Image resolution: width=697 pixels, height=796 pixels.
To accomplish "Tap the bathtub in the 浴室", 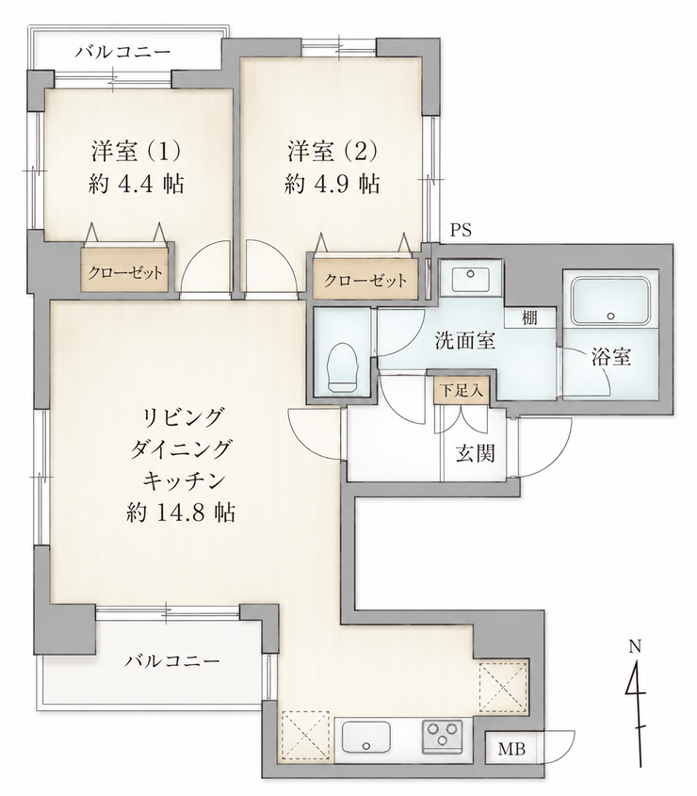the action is point(610,301).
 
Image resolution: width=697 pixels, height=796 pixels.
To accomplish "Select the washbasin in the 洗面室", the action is point(471,278).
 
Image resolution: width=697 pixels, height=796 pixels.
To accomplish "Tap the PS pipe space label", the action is point(461,231).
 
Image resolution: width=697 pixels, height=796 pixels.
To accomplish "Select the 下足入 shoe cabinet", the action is point(462,391).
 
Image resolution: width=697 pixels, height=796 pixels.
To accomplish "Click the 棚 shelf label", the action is point(529,318).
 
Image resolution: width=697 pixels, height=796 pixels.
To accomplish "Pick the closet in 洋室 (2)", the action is point(365,280).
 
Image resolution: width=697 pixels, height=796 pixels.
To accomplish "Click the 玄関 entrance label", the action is point(475,453).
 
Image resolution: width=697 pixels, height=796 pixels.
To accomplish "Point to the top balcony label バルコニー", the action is point(124,52).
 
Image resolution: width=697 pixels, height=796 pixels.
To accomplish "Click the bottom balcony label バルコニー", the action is point(172,661).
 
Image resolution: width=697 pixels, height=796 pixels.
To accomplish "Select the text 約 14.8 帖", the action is point(181,512).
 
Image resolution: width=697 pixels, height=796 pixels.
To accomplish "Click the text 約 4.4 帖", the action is point(136,184).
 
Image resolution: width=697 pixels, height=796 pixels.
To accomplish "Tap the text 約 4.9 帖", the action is point(332,184).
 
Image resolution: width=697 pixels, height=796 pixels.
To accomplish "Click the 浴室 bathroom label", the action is point(611,357).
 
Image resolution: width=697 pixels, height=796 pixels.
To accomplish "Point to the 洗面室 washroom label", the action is point(465,341).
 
